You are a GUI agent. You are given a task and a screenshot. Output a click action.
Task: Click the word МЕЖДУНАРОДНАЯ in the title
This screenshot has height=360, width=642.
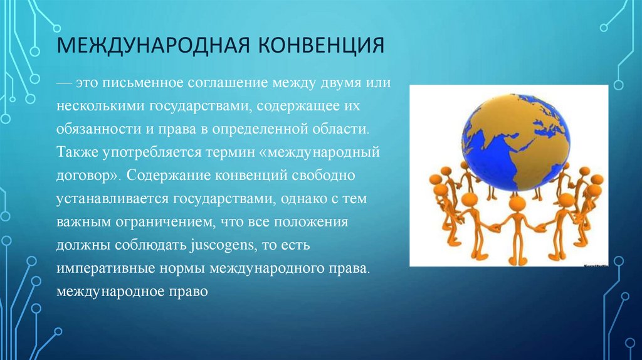click(x=153, y=45)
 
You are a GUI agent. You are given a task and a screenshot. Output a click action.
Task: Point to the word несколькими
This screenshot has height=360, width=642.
click(x=100, y=106)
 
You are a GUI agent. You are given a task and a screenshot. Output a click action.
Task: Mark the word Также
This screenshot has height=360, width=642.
click(x=77, y=152)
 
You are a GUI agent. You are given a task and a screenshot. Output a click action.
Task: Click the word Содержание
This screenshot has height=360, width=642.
click(x=169, y=175)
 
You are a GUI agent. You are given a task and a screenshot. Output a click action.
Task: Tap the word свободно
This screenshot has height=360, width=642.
click(x=324, y=175)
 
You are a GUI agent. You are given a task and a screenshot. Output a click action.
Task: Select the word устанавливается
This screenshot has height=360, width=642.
click(x=113, y=199)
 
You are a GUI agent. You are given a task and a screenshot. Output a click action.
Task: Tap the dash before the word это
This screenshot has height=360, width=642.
click(x=64, y=83)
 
